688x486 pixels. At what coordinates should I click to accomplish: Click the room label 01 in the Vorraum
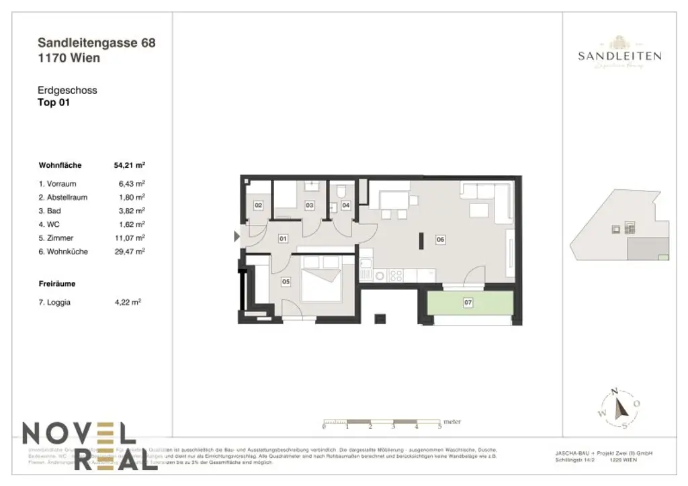tap(283, 238)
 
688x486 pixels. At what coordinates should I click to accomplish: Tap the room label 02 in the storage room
tap(257, 205)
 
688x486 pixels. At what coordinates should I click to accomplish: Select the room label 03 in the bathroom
tap(310, 205)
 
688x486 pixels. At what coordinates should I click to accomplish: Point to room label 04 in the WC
tap(346, 205)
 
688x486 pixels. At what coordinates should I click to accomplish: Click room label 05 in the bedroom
tap(286, 282)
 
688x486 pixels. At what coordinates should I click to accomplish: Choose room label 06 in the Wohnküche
tap(441, 238)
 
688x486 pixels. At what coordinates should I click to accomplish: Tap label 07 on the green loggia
tap(468, 303)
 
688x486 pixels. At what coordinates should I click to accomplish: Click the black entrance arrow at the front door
tap(236, 236)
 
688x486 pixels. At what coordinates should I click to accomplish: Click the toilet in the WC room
tap(342, 190)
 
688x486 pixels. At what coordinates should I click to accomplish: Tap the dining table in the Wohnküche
tap(394, 200)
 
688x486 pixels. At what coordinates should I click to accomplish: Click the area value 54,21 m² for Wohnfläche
tap(130, 165)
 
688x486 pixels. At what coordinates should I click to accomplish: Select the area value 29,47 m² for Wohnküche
tap(130, 252)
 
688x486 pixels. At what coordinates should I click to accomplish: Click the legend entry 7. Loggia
tap(54, 303)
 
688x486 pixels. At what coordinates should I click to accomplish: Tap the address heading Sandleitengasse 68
tap(97, 43)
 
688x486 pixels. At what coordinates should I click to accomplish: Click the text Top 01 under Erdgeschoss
tap(54, 103)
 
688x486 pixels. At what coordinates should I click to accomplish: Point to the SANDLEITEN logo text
tap(619, 56)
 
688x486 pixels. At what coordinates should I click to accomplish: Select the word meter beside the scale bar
tap(452, 422)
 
